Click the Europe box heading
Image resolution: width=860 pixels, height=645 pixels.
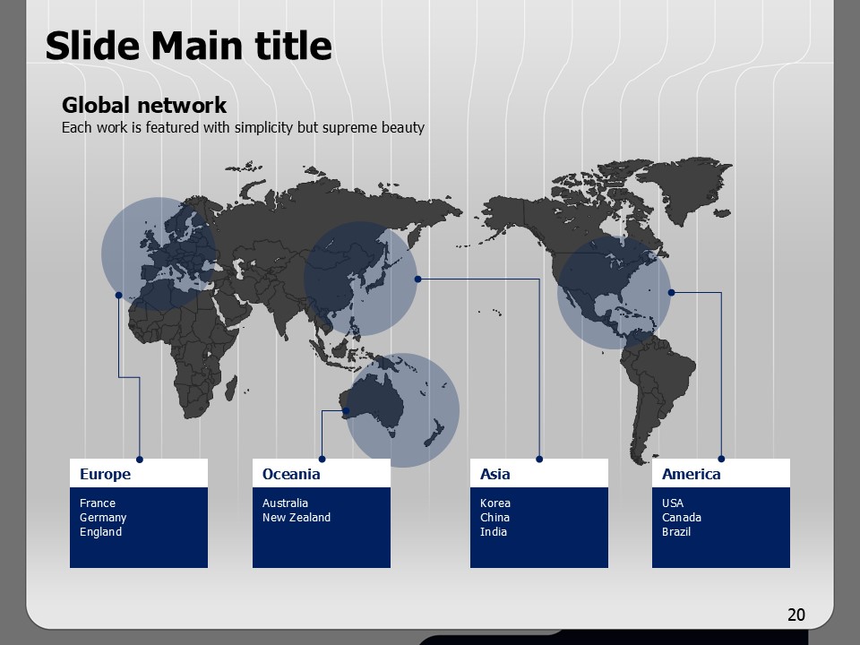[106, 474]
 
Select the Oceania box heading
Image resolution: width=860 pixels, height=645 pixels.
[291, 474]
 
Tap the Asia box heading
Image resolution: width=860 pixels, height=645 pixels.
[495, 474]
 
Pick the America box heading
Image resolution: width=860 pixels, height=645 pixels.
[691, 474]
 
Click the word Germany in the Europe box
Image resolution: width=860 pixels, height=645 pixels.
[103, 518]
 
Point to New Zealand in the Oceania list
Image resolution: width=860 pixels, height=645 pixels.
[297, 517]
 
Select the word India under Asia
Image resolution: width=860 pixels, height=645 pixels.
[494, 531]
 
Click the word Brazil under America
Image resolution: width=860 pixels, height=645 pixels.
[676, 531]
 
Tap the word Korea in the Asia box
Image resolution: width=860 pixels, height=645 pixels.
[495, 503]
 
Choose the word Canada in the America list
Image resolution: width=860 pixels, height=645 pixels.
[682, 517]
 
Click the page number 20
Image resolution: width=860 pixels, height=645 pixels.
[796, 615]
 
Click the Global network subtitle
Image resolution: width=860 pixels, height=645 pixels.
[144, 105]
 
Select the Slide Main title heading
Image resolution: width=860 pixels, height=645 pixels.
[189, 45]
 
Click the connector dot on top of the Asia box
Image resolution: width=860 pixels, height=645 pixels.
[539, 459]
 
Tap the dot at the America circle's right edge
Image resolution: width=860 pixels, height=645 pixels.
[671, 292]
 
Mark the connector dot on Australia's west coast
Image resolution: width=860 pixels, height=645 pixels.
[346, 410]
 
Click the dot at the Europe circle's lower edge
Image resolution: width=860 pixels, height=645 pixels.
[118, 295]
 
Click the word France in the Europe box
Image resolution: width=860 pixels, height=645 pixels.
[98, 503]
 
